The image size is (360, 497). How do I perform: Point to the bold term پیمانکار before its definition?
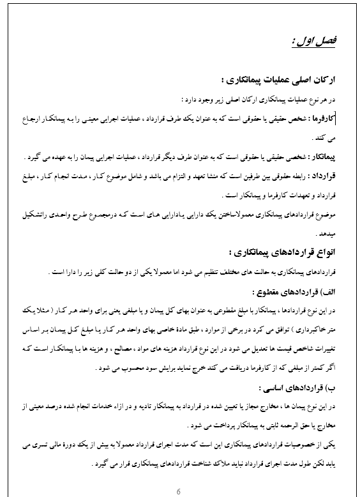pyautogui.click(x=323, y=157)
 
